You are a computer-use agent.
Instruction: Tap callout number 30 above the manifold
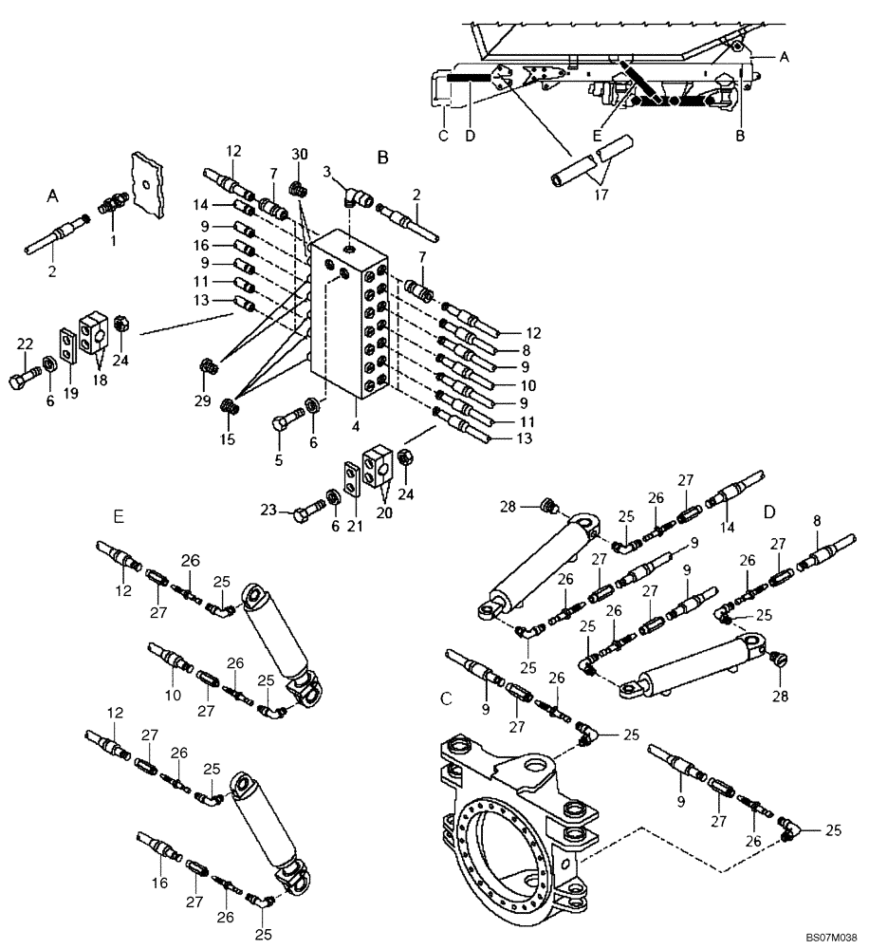coord(300,155)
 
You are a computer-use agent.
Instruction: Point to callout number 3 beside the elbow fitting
coord(327,172)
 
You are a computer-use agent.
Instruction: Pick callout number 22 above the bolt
coord(26,344)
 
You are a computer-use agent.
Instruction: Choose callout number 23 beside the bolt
coord(269,511)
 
